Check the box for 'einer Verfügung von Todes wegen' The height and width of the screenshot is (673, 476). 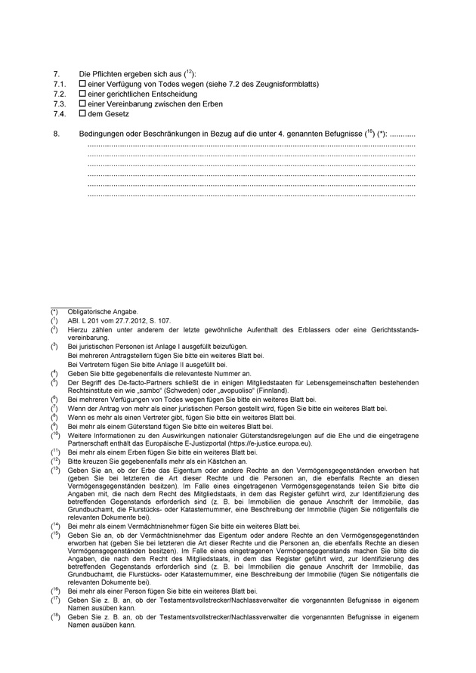click(82, 85)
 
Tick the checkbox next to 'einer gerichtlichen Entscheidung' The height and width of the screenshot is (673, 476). click(82, 94)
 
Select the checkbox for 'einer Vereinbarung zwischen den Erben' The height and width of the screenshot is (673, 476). click(82, 104)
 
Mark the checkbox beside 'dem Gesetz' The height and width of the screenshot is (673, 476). click(82, 114)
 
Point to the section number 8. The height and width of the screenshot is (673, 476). click(57, 134)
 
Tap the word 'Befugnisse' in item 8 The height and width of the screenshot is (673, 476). click(344, 134)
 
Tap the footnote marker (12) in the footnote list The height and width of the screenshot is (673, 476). click(55, 461)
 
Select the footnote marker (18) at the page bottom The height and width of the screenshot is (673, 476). click(55, 617)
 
